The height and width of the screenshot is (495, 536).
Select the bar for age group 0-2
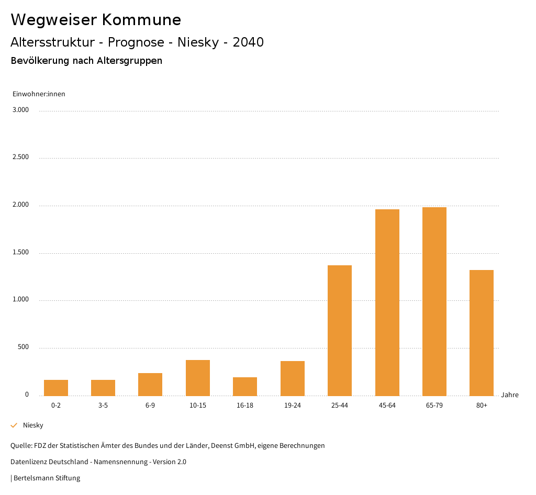(x=56, y=388)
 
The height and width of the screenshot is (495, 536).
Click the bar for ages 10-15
(x=198, y=378)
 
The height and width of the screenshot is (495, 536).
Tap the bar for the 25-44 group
(x=340, y=330)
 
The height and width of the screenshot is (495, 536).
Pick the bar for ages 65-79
(x=434, y=301)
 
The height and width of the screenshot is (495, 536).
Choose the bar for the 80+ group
(x=482, y=333)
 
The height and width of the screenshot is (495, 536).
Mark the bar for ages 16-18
(x=245, y=386)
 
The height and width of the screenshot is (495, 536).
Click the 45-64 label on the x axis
(x=387, y=406)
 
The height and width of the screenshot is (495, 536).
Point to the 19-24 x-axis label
(x=293, y=406)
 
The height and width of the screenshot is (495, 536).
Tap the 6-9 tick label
(x=150, y=406)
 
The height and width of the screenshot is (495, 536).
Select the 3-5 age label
(x=103, y=406)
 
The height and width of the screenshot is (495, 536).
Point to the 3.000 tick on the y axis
(x=21, y=110)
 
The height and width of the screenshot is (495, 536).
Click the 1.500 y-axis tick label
(x=21, y=252)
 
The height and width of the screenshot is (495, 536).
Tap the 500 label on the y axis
(x=23, y=347)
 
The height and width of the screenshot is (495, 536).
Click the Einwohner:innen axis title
(x=39, y=94)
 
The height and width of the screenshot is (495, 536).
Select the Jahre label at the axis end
(x=510, y=395)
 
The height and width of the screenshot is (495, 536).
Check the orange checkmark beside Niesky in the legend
(x=14, y=425)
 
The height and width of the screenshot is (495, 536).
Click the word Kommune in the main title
(x=141, y=19)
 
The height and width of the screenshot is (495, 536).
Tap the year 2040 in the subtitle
(x=248, y=42)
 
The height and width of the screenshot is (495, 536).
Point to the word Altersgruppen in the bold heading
(x=129, y=61)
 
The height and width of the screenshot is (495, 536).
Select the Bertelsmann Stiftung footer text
(x=47, y=478)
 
